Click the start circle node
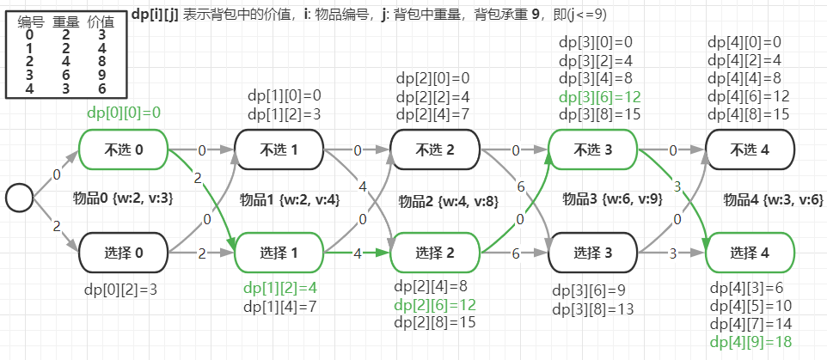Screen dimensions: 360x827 (19, 198)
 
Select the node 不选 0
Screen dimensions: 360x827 (123, 149)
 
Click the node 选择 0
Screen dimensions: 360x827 (123, 253)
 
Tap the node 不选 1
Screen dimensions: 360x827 (279, 149)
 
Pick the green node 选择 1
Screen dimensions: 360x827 (279, 253)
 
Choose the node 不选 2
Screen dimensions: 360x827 (435, 149)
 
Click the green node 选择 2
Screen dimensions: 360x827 (435, 253)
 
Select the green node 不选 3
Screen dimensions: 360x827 (592, 149)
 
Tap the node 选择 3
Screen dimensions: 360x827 (592, 253)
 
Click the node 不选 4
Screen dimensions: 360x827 (749, 149)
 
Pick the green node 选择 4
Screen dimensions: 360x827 (749, 253)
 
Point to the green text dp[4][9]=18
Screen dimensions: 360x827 (750, 342)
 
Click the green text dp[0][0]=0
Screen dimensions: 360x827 (124, 112)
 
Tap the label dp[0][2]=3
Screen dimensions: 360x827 (120, 289)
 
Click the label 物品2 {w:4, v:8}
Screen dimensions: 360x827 (448, 201)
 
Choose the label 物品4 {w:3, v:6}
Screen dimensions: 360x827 (773, 200)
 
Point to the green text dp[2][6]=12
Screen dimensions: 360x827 (435, 304)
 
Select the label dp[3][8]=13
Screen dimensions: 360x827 (592, 308)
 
